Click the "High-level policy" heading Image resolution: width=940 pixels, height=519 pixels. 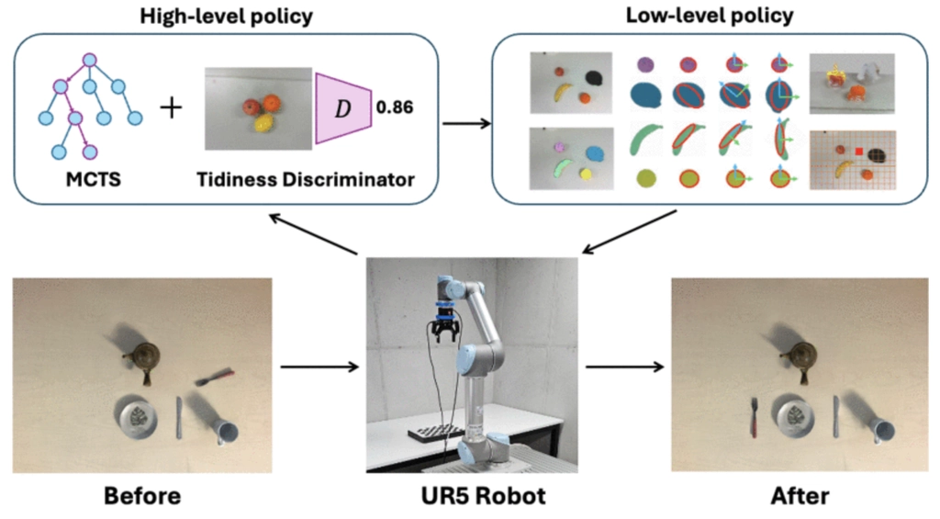[226, 16]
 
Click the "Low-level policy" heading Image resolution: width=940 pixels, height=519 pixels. [710, 15]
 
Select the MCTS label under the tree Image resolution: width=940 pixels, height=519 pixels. [93, 179]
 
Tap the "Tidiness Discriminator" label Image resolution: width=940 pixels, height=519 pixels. [306, 179]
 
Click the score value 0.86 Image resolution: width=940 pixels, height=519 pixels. [395, 107]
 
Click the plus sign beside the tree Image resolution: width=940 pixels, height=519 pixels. [171, 108]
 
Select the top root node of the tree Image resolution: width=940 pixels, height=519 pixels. [89, 60]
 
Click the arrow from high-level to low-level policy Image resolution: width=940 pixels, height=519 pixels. [467, 124]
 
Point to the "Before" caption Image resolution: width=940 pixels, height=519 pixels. [142, 496]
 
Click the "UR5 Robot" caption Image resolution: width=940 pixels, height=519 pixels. [483, 496]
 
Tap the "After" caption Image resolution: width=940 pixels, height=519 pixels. [800, 496]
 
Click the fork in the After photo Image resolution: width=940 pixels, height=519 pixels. [755, 416]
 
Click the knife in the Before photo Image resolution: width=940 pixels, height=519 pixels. [179, 418]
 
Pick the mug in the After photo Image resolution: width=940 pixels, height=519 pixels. [881, 430]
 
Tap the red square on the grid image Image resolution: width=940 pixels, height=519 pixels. [858, 152]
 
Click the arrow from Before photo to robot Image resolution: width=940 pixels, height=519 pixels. [319, 367]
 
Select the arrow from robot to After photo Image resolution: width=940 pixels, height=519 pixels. [624, 367]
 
